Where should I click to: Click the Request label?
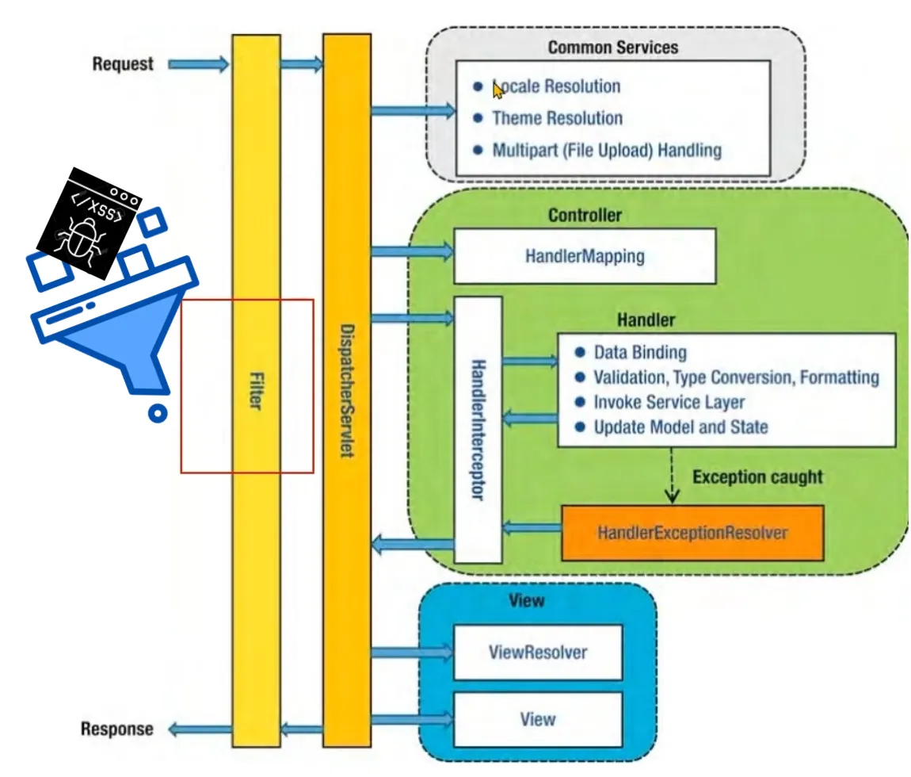123,64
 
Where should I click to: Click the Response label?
116,729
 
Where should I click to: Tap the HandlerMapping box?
585,256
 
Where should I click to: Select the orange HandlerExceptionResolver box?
692,533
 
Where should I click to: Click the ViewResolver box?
538,653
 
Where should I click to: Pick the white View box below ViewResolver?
538,719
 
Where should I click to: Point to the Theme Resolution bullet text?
557,118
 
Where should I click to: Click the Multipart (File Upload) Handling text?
607,150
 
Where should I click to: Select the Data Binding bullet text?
640,353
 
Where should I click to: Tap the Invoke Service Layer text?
669,402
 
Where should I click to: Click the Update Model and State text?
681,427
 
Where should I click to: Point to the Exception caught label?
757,477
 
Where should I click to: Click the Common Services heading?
613,47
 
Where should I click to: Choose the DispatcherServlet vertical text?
347,391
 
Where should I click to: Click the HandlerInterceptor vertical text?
478,430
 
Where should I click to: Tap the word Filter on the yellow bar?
256,391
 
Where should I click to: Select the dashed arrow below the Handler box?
672,475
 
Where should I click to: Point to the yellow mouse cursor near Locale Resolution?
498,90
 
